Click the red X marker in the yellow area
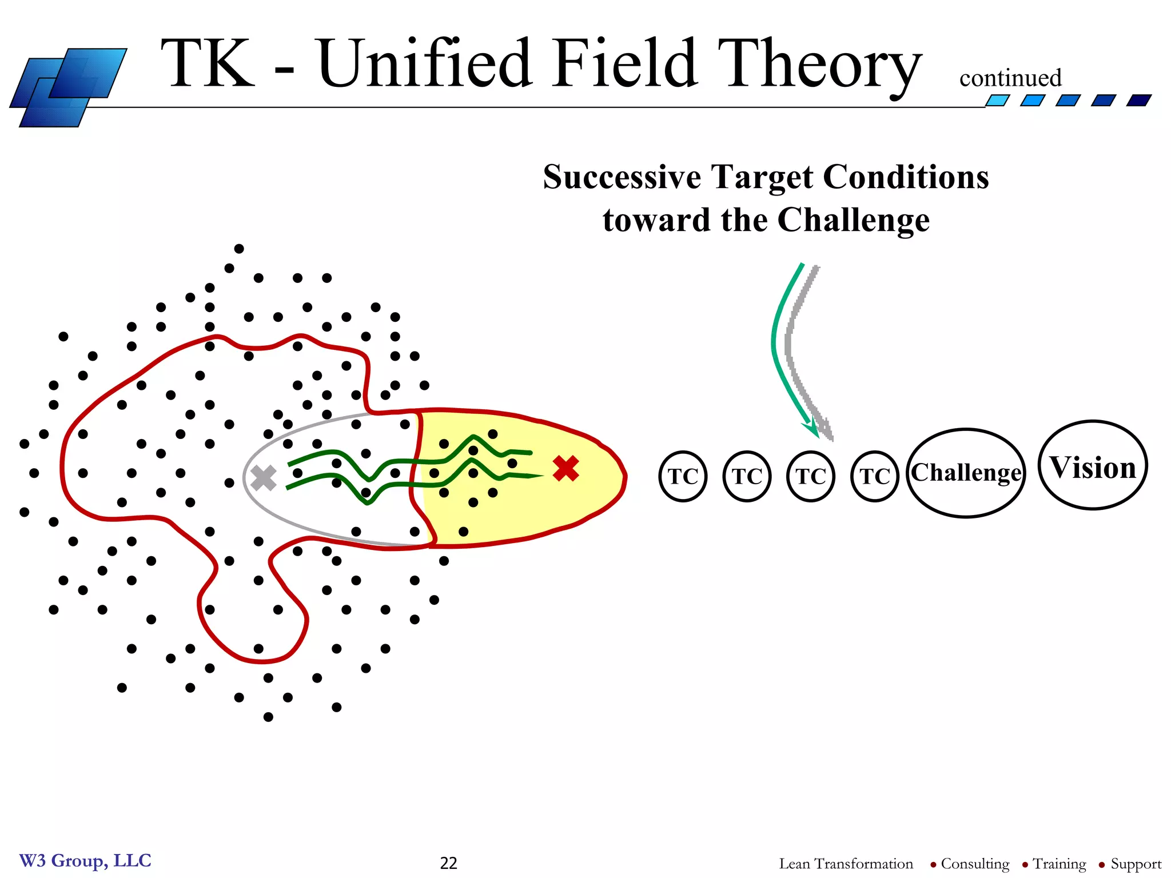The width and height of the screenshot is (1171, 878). tap(566, 469)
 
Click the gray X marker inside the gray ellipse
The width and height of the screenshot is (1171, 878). tap(264, 478)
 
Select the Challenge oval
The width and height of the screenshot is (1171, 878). tap(966, 473)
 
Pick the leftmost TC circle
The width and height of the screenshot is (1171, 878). tap(683, 476)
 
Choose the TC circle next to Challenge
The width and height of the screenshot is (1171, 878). tap(875, 476)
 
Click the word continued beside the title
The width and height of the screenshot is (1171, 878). tap(1010, 78)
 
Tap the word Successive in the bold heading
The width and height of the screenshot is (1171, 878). tap(622, 177)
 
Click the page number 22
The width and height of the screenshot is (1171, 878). tap(449, 863)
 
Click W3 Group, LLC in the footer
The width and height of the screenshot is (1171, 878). tap(85, 861)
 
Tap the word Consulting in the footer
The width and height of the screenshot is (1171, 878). tap(975, 864)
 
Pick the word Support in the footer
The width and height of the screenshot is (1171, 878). tap(1136, 864)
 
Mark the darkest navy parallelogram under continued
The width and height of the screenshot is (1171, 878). tap(1138, 101)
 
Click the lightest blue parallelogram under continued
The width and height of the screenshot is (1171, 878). tap(997, 101)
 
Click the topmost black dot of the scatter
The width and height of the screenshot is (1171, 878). tap(239, 249)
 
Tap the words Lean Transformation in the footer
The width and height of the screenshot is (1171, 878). tap(846, 864)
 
